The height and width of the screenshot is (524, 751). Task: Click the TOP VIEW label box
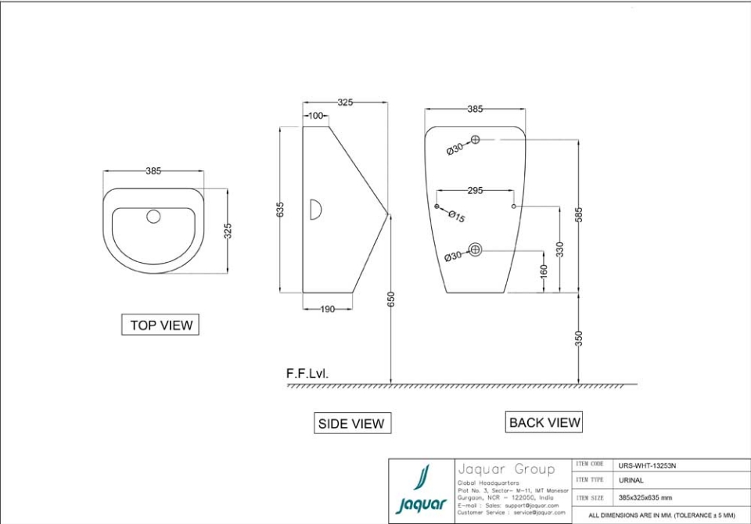pos(160,325)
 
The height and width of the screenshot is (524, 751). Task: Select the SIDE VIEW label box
pos(351,423)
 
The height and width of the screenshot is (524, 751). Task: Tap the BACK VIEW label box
pos(544,422)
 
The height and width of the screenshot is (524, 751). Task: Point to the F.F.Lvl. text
pos(307,374)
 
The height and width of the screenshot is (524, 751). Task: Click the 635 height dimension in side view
pos(280,210)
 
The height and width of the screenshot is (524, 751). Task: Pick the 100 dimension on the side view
pos(316,116)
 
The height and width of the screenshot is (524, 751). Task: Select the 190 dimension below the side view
pos(328,309)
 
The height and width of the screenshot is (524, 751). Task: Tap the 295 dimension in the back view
pos(475,190)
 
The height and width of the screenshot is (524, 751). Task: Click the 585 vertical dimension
pos(579,215)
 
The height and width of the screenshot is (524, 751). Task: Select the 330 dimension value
pos(559,249)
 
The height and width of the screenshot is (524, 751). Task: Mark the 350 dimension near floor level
pos(579,338)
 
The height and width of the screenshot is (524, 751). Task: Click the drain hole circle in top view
pos(153,216)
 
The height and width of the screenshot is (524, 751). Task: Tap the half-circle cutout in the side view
pos(315,210)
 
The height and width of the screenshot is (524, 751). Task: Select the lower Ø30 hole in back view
pos(475,250)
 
